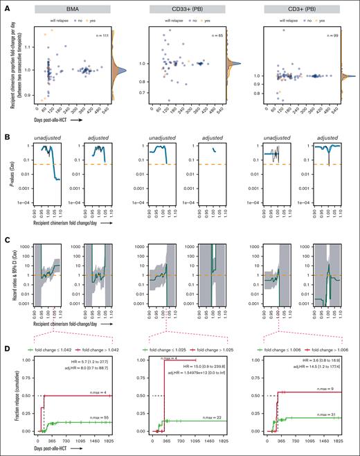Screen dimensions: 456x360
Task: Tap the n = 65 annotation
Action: (x=217, y=34)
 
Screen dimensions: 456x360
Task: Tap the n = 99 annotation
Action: (x=334, y=34)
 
